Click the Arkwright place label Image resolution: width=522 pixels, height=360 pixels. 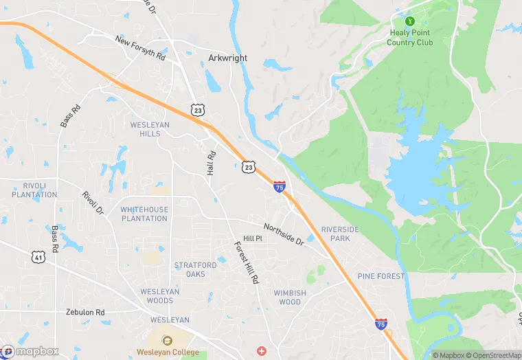point(227,58)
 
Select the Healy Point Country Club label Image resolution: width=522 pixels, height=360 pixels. point(410,37)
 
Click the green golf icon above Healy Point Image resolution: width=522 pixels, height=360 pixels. point(410,21)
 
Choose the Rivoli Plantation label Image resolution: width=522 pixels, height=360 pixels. point(34,190)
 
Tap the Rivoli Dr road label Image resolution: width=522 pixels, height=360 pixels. point(92,202)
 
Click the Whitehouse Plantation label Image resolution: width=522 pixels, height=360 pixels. point(144,214)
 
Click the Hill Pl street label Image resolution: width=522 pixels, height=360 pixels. point(253,238)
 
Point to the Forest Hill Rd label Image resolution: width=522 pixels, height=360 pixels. point(246,263)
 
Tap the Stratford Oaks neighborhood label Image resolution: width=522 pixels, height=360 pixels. point(195,269)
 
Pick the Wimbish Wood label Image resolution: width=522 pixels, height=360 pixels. point(290,297)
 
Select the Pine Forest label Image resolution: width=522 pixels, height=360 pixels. point(381,276)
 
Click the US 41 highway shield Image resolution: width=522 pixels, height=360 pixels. point(38,256)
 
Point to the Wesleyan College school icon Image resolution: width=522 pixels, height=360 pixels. point(167,341)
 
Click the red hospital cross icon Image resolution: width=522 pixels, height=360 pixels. point(261,351)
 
